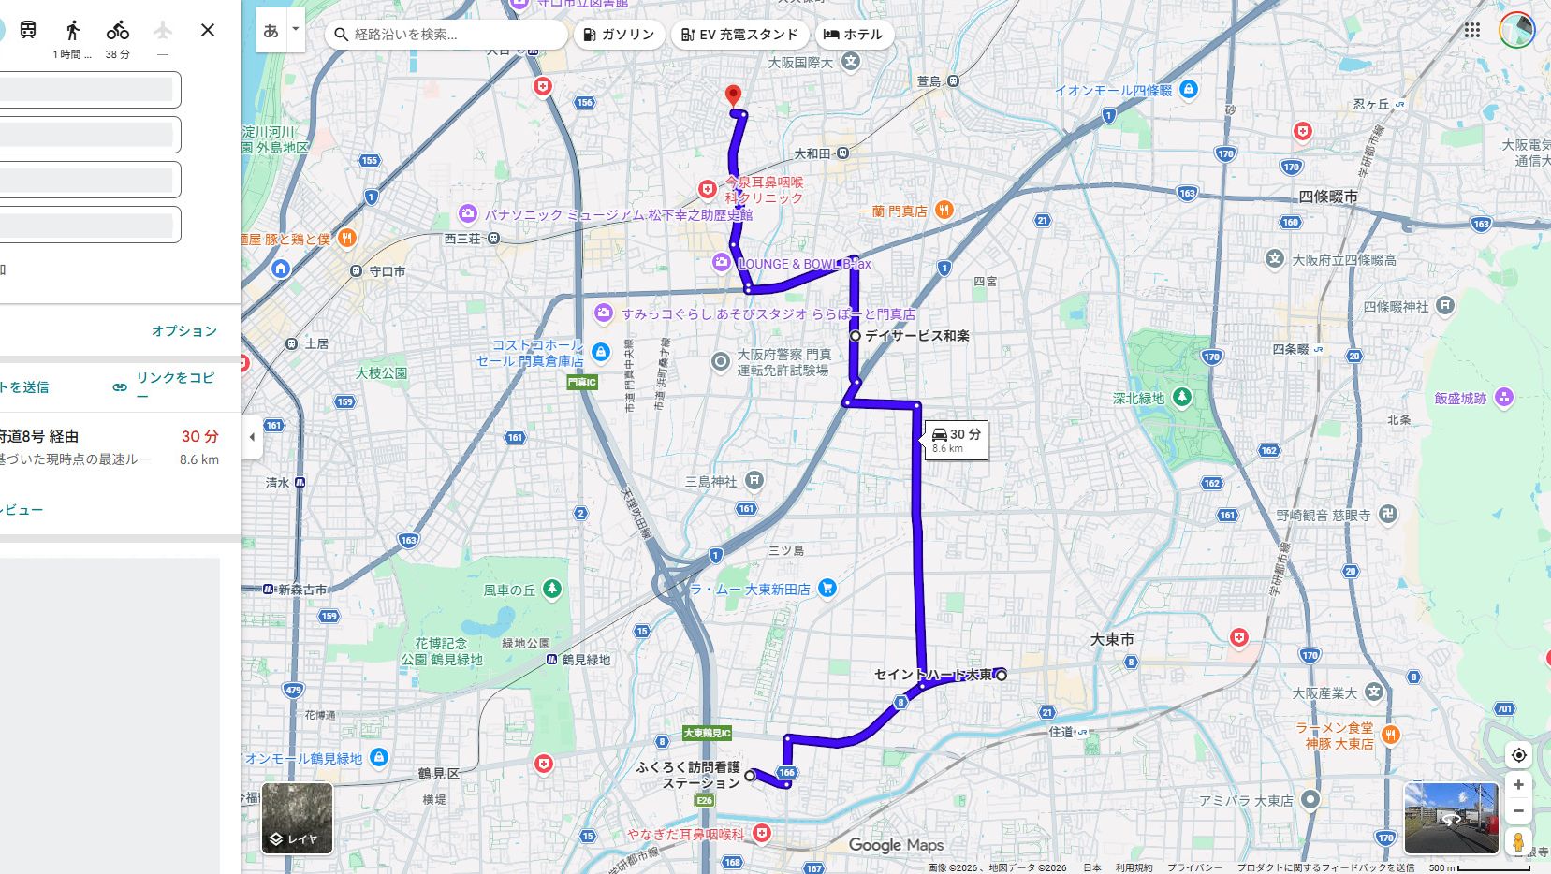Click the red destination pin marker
[x=733, y=95]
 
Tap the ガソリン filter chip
[x=619, y=35]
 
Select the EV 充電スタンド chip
[x=739, y=35]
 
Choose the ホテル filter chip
[x=853, y=35]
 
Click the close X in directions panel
[x=208, y=30]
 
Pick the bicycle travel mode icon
[x=118, y=30]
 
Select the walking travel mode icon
[x=73, y=30]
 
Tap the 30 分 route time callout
[x=956, y=439]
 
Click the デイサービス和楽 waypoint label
[x=916, y=335]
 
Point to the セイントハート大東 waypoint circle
[x=1002, y=675]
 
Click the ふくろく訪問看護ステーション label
[x=688, y=775]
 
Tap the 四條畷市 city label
[x=1327, y=197]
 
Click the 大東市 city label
[x=1112, y=639]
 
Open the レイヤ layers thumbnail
[x=297, y=819]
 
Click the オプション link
[x=184, y=331]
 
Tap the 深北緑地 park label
[x=1138, y=399]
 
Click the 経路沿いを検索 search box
[x=449, y=35]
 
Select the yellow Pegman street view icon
[x=1518, y=841]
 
